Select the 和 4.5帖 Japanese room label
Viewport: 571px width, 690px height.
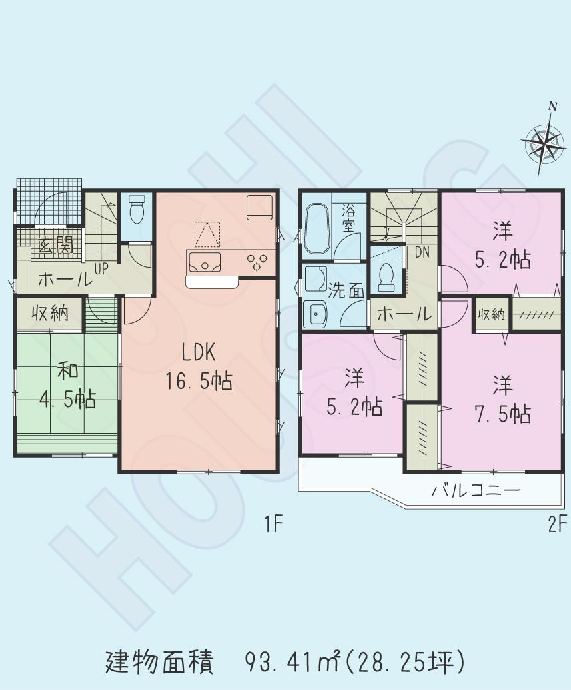[x=67, y=385]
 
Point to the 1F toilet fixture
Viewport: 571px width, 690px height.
[x=137, y=210]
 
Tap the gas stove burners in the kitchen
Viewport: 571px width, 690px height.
[x=257, y=261]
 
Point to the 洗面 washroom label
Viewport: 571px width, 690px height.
[x=346, y=291]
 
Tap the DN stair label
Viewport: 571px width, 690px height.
[x=422, y=252]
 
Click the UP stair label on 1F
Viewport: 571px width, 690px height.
[x=102, y=269]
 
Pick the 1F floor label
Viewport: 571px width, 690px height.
[x=273, y=525]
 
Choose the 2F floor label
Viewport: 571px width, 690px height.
[x=558, y=525]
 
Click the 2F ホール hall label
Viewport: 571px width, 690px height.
[x=404, y=314]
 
